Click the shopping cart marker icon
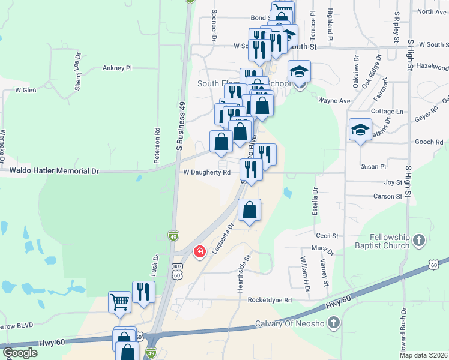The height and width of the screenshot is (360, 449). pos(120,302)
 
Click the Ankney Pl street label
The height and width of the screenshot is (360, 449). pos(117,68)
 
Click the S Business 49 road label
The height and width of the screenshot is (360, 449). pos(179,125)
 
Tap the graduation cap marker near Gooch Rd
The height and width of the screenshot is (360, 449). pos(360,130)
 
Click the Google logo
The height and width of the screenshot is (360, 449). pos(20,353)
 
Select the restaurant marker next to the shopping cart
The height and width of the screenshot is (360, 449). pos(143,292)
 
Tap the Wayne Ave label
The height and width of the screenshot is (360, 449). pos(334,101)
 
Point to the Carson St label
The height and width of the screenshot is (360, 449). pos(388,197)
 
